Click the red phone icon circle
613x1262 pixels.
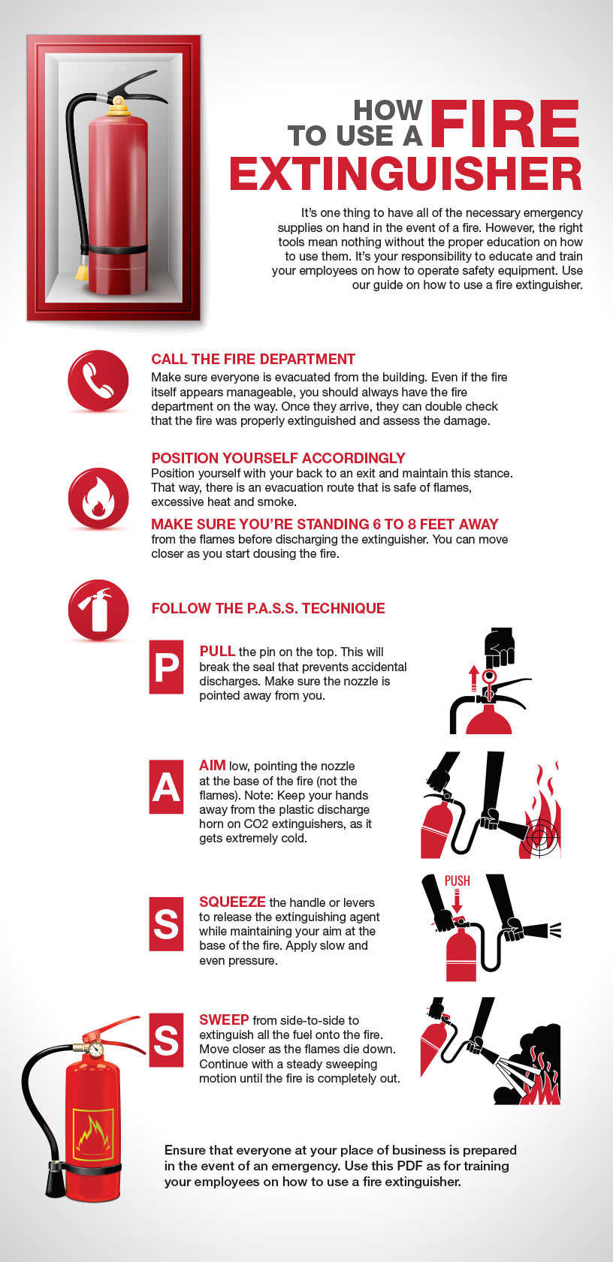tap(98, 381)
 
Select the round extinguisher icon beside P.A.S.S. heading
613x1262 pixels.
tap(98, 610)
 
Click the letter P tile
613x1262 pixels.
tap(166, 667)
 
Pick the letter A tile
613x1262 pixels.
tap(166, 787)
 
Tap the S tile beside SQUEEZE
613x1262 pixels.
tap(166, 923)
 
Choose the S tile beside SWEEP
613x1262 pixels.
tap(166, 1041)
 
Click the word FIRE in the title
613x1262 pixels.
tap(505, 125)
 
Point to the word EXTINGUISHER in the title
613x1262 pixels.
tap(406, 174)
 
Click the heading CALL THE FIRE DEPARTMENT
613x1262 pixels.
tap(253, 360)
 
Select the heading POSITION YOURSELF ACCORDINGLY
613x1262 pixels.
tap(278, 458)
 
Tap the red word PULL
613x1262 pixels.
tap(217, 651)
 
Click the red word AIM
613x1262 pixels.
tap(213, 765)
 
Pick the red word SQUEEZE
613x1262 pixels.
tap(232, 902)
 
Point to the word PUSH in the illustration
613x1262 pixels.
tap(457, 881)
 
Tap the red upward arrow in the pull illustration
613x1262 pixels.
tap(473, 678)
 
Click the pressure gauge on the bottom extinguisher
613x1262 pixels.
tap(95, 1048)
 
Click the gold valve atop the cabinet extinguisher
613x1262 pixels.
tap(119, 106)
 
